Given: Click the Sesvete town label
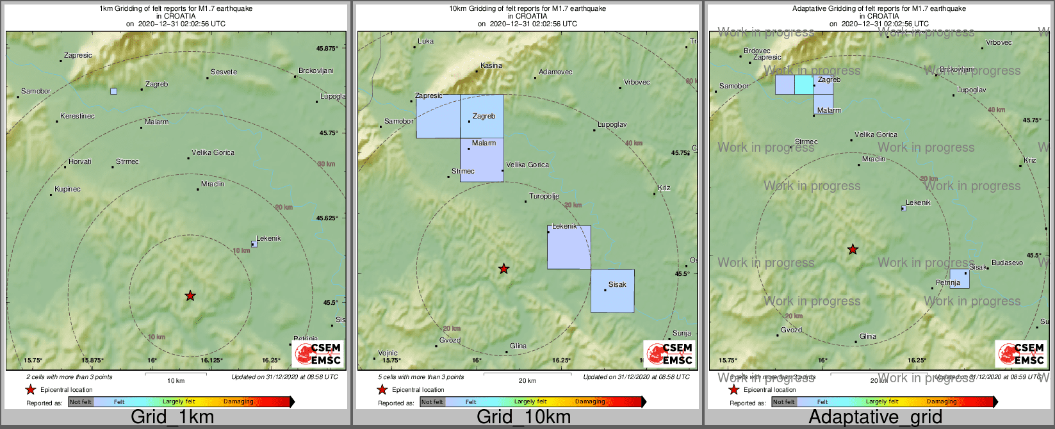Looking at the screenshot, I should coord(224,72).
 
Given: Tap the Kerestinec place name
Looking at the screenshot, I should coord(77,117).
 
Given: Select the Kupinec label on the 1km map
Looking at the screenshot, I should coord(67,189).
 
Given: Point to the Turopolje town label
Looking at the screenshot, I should coord(544,197).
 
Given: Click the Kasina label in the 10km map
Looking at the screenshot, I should coord(491,65).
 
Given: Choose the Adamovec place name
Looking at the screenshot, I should coord(555,72).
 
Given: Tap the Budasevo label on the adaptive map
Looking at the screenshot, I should coord(1007,263).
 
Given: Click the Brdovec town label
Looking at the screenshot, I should coord(757,51).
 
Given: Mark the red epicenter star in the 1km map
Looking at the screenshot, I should coord(190,295).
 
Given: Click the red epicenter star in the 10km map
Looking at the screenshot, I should coord(504,268).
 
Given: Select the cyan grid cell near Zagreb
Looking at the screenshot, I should coord(804,85).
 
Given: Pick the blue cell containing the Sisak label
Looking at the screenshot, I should coord(612,291).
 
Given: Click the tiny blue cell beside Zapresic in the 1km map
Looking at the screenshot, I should coord(113,92).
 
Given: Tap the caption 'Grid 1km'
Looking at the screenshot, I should coord(172,417).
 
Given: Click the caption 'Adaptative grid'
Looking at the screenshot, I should coord(875,417).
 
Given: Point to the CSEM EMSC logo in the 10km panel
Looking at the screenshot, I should coord(669,353).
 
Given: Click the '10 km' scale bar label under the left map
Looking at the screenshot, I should coord(176,381).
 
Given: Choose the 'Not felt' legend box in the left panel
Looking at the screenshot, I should coord(81,402).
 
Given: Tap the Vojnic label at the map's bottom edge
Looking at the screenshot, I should coord(388,353).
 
